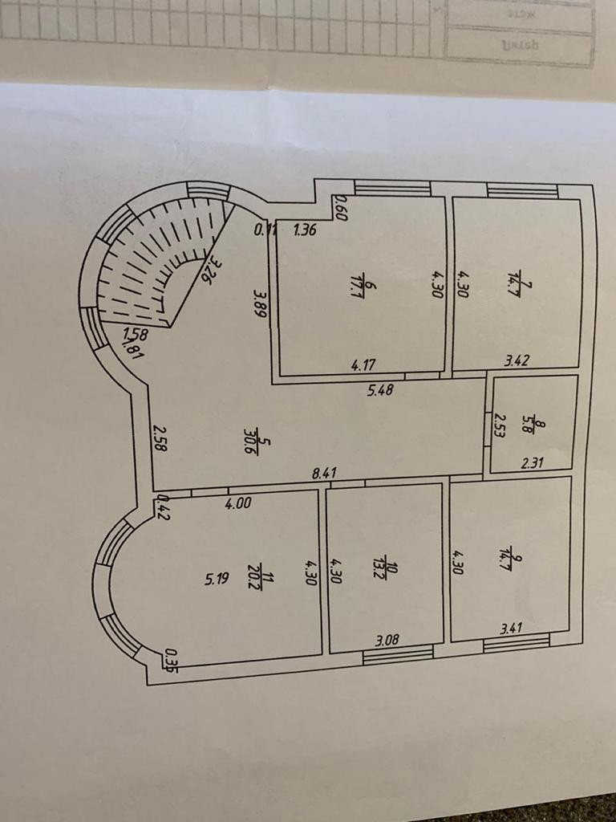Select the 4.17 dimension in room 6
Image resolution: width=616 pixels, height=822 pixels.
365,365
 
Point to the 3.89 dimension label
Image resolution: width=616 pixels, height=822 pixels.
259,306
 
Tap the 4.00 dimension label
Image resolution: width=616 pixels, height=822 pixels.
238,503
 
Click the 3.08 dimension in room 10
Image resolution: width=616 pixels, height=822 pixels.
388,640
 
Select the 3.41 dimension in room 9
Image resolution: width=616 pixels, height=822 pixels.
511,629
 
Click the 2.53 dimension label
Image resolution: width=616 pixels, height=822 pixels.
499,423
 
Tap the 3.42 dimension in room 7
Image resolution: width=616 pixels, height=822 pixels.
517,361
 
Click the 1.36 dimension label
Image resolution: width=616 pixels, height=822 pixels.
306,231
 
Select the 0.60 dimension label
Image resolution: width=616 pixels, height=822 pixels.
339,208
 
